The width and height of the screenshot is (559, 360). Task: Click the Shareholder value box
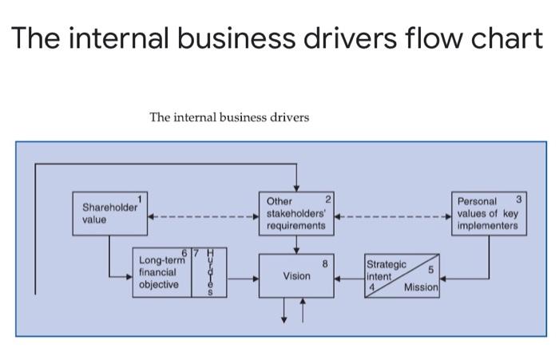tap(109, 213)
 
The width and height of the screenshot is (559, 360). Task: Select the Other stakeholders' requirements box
tap(295, 214)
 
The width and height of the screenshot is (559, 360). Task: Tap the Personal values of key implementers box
tap(488, 213)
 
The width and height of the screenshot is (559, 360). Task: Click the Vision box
tap(295, 276)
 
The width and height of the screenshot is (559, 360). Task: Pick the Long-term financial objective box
tap(162, 272)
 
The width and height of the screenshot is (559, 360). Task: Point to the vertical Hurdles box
tap(210, 272)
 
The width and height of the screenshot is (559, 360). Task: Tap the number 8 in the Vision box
tap(325, 262)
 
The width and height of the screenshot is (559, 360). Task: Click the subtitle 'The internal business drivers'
tap(229, 117)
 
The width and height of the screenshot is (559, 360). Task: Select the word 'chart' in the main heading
tap(486, 38)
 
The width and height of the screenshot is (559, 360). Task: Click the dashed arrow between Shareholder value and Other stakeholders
tap(203, 216)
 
